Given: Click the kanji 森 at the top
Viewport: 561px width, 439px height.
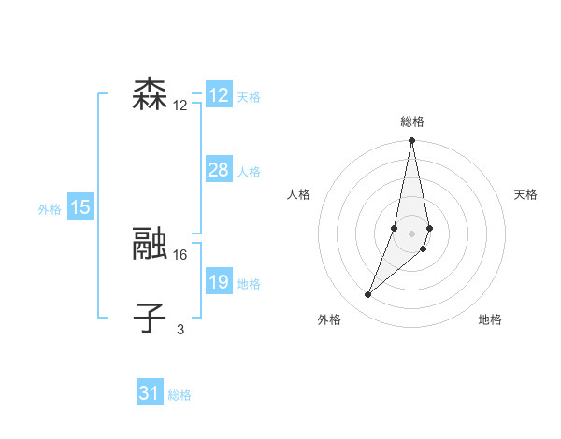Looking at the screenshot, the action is click(x=150, y=95).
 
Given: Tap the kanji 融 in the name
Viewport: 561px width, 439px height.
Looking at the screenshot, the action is click(x=150, y=245).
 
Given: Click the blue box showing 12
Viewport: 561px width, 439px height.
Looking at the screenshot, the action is click(x=219, y=95).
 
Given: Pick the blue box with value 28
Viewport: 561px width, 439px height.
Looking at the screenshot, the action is click(x=219, y=170).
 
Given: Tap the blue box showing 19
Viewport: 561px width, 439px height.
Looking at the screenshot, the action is click(x=219, y=282).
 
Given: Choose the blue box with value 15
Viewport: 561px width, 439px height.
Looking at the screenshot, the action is click(x=80, y=207).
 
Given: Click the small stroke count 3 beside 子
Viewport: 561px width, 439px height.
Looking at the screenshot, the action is click(x=180, y=329).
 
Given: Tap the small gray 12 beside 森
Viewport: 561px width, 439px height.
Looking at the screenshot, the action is click(x=180, y=106).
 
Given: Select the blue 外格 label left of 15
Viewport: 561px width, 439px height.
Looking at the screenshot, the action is click(x=50, y=209).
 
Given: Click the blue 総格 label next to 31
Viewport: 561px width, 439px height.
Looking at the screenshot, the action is click(x=180, y=395).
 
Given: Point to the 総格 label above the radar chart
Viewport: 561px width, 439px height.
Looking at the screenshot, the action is click(x=411, y=121).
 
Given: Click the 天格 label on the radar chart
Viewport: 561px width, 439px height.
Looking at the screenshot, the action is click(x=525, y=194).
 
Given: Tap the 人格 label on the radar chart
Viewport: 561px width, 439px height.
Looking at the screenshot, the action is click(x=298, y=194).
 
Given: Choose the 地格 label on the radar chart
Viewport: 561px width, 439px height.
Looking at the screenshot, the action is click(x=490, y=319).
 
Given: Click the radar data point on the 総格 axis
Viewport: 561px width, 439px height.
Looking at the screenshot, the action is click(x=411, y=141).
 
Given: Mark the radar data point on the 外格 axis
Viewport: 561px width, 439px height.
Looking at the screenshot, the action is click(x=368, y=295).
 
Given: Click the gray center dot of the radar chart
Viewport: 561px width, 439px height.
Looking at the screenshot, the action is click(x=411, y=234).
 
